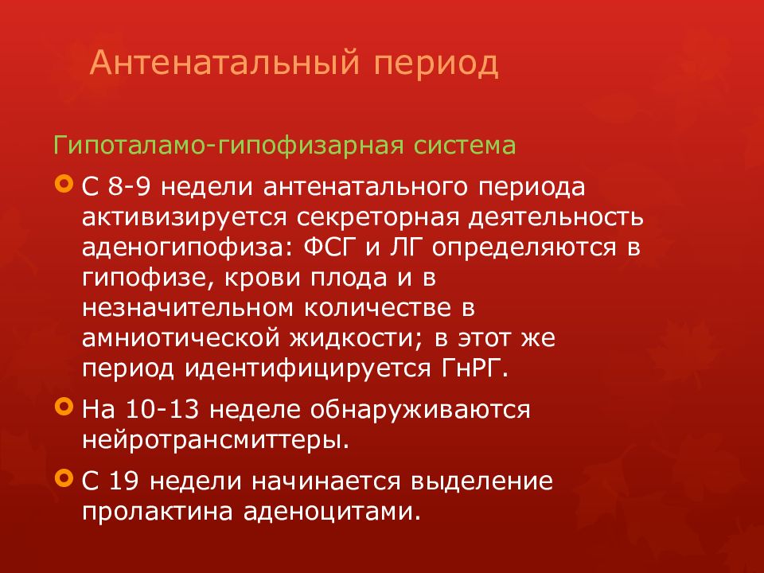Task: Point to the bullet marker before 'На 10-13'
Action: coord(64,407)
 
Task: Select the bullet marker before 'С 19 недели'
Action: coord(64,479)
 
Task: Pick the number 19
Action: coord(127,481)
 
